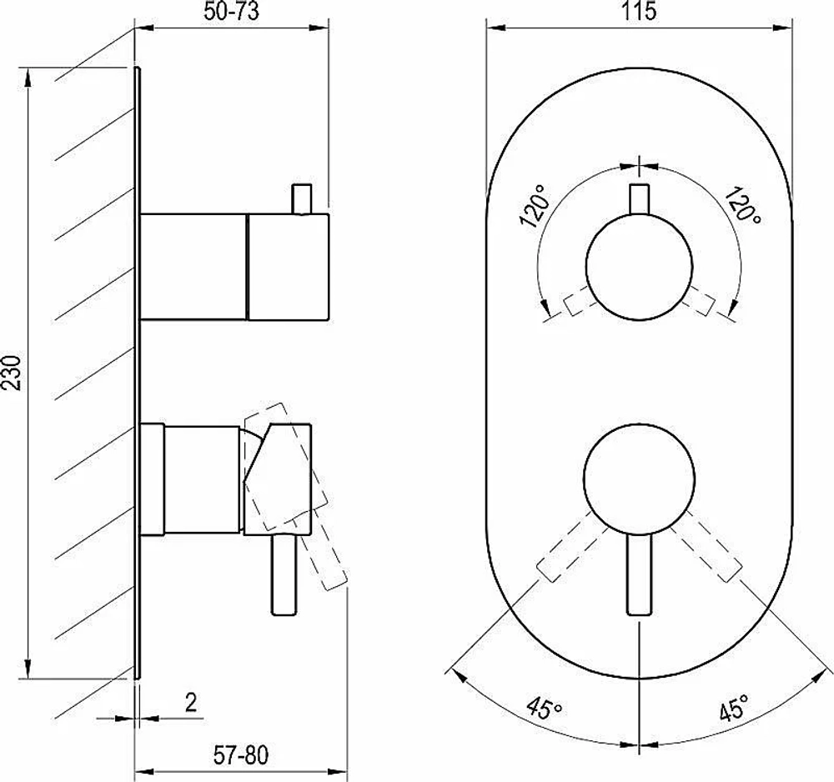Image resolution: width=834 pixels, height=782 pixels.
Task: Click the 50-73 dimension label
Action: click(231, 11)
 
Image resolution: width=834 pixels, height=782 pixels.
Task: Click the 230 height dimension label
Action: click(12, 373)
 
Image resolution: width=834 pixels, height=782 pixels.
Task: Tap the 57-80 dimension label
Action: click(241, 754)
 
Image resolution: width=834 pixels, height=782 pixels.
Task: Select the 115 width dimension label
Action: click(639, 11)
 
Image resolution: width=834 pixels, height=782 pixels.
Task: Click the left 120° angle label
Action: click(534, 206)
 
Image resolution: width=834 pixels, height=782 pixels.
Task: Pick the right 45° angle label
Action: click(734, 707)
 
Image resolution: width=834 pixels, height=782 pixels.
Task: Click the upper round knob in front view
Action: click(639, 267)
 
